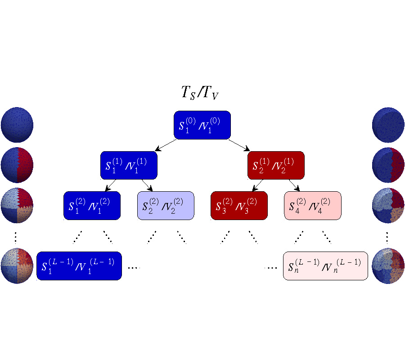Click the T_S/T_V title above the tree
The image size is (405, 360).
coord(200,94)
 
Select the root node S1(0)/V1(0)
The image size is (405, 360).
coord(202,125)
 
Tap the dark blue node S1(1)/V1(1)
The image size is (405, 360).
coord(129,166)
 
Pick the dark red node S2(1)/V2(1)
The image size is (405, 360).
coord(276,166)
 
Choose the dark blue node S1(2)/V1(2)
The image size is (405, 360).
coord(92,206)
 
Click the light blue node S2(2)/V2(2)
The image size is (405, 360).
coord(166,206)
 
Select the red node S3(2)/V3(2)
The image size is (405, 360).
coord(239,206)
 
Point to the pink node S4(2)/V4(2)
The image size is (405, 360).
coord(313,206)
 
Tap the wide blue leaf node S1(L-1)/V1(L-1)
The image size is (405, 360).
coord(79,265)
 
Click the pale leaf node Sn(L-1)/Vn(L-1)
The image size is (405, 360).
coord(325,265)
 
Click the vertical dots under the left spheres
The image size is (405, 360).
coord(17,236)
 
